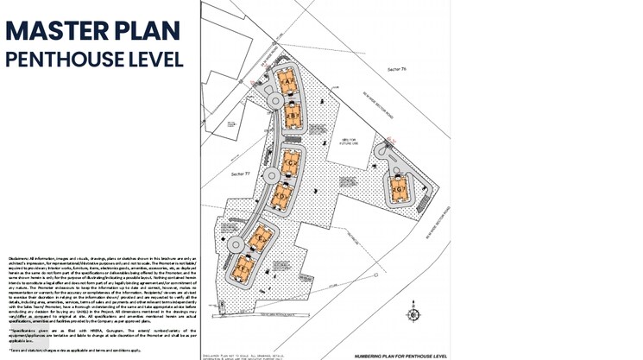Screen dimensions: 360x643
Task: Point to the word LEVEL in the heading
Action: [159, 60]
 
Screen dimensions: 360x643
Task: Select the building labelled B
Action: [293, 115]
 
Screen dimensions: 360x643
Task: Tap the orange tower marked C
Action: [291, 161]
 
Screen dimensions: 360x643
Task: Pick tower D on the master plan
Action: [281, 198]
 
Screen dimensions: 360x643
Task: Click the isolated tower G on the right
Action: [399, 188]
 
